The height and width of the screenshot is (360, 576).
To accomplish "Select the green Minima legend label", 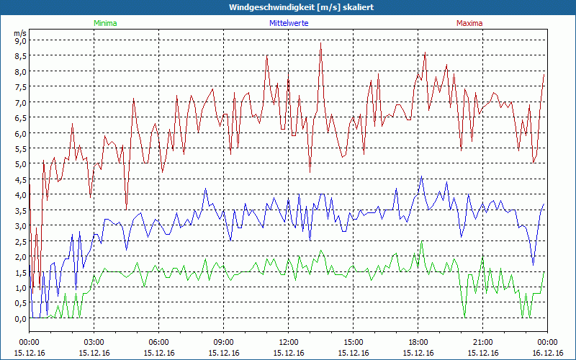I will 104,23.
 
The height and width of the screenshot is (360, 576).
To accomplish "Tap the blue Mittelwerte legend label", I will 288,23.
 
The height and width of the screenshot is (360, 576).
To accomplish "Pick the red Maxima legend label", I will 469,23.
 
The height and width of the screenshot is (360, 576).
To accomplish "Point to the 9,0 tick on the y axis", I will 20,41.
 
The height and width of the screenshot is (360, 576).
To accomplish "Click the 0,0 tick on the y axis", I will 20,319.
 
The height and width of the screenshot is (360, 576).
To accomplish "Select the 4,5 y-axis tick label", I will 20,180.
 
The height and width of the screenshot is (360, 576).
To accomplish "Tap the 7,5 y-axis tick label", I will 20,87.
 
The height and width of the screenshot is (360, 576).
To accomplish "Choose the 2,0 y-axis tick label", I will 20,257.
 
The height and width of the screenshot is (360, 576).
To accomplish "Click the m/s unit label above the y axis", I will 19,33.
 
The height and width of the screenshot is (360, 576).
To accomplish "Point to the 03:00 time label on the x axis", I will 94,342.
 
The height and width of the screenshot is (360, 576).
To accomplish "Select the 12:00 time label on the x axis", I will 289,342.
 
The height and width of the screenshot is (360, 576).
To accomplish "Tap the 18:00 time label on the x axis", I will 418,342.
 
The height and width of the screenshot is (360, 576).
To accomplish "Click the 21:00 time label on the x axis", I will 483,342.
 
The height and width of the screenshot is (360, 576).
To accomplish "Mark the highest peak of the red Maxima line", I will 320,43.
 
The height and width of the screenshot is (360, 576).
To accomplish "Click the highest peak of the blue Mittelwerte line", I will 422,177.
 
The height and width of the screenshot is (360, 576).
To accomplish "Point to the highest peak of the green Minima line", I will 422,242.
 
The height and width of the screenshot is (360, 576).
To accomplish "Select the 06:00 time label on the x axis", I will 159,342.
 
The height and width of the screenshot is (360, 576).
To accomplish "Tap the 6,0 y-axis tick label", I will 20,134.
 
